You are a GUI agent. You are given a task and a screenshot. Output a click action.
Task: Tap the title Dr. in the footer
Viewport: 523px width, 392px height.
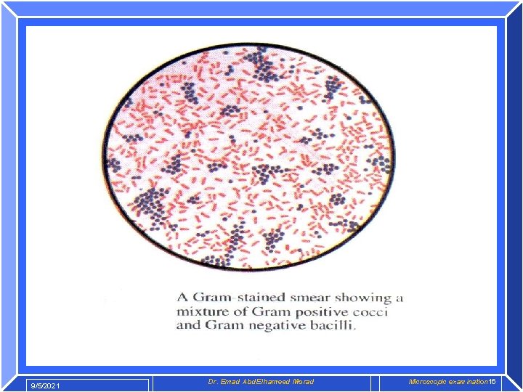click(x=213, y=382)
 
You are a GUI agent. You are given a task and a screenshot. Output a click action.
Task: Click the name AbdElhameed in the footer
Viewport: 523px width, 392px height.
click(x=269, y=382)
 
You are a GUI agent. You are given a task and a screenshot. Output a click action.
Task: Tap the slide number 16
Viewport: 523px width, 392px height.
click(x=492, y=382)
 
